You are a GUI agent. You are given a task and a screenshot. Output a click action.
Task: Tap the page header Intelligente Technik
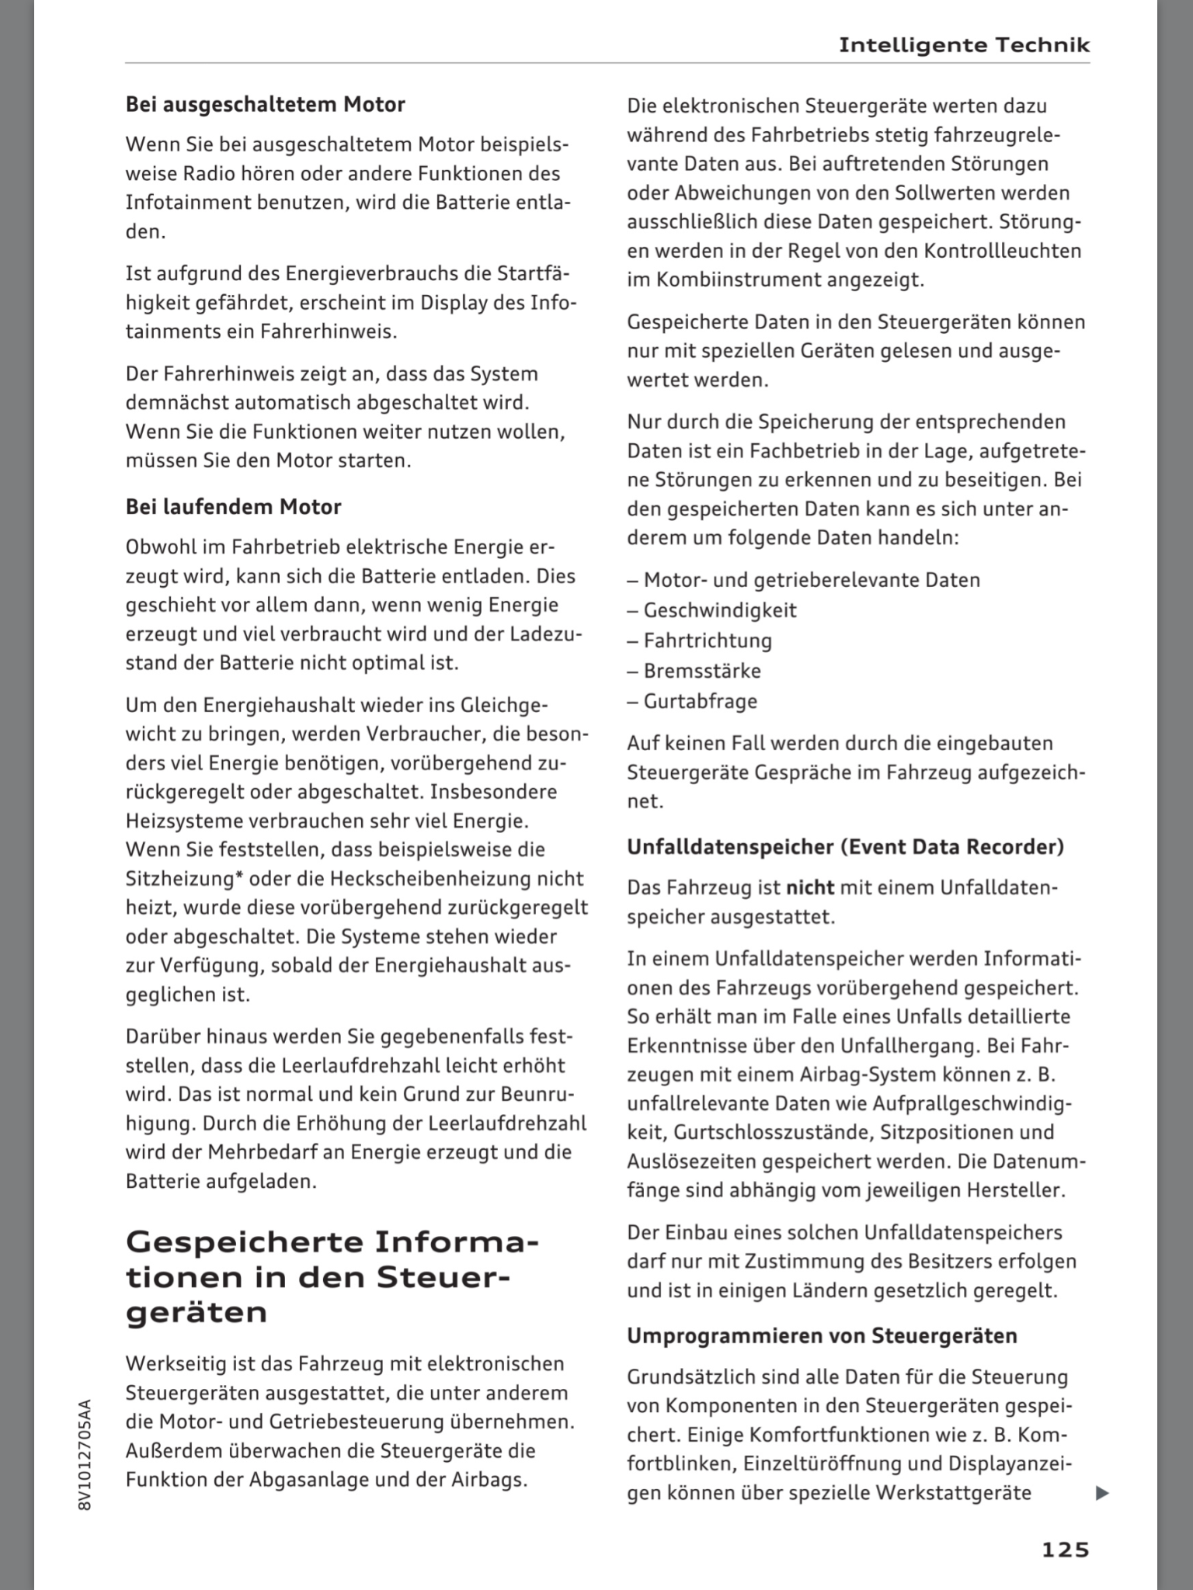click(964, 45)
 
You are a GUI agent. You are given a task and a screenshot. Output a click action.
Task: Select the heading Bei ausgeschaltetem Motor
click(265, 104)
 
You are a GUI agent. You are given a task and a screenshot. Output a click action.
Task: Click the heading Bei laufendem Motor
click(233, 507)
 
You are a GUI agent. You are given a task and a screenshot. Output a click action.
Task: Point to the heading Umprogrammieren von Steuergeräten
click(822, 1336)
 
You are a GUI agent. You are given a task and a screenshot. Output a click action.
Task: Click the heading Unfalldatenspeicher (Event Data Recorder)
click(845, 846)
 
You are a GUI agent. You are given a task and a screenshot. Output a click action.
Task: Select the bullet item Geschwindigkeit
click(719, 610)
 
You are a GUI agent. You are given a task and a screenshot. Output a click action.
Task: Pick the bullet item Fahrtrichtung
click(707, 641)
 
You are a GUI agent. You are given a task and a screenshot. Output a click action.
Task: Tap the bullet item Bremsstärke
click(702, 671)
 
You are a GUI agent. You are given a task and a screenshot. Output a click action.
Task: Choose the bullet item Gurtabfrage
click(700, 701)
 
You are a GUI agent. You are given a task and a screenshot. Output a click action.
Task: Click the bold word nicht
click(810, 887)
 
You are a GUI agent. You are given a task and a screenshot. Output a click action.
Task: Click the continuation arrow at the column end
click(1101, 1493)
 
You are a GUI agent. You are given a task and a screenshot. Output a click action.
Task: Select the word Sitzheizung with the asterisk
click(180, 879)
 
